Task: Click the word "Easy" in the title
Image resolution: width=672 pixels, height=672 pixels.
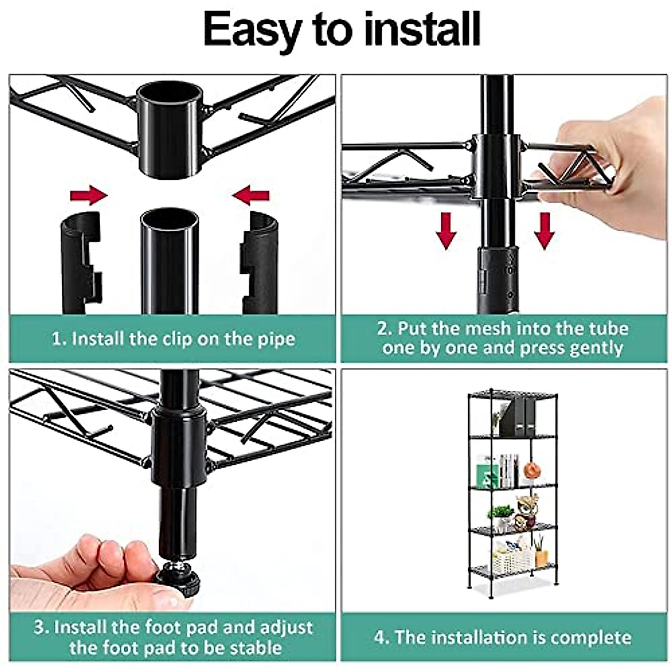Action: [251, 30]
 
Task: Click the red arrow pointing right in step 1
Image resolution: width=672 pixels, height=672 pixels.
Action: [88, 195]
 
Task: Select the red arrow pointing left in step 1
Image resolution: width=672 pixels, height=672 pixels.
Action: [251, 196]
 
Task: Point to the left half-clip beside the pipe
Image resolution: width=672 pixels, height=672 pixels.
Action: [80, 263]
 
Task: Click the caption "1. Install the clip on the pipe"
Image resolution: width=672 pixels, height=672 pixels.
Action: [173, 339]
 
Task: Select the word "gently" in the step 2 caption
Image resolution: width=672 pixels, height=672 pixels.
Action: [595, 348]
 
